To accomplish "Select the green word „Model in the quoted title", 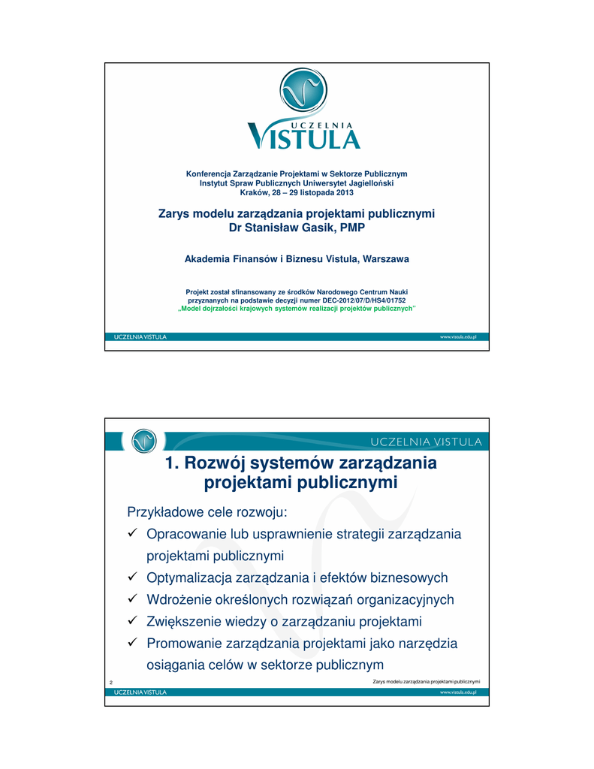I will (x=191, y=309).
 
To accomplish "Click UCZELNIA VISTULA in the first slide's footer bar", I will (x=140, y=337).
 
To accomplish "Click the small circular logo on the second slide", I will (x=143, y=441).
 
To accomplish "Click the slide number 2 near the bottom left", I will (x=111, y=682).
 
